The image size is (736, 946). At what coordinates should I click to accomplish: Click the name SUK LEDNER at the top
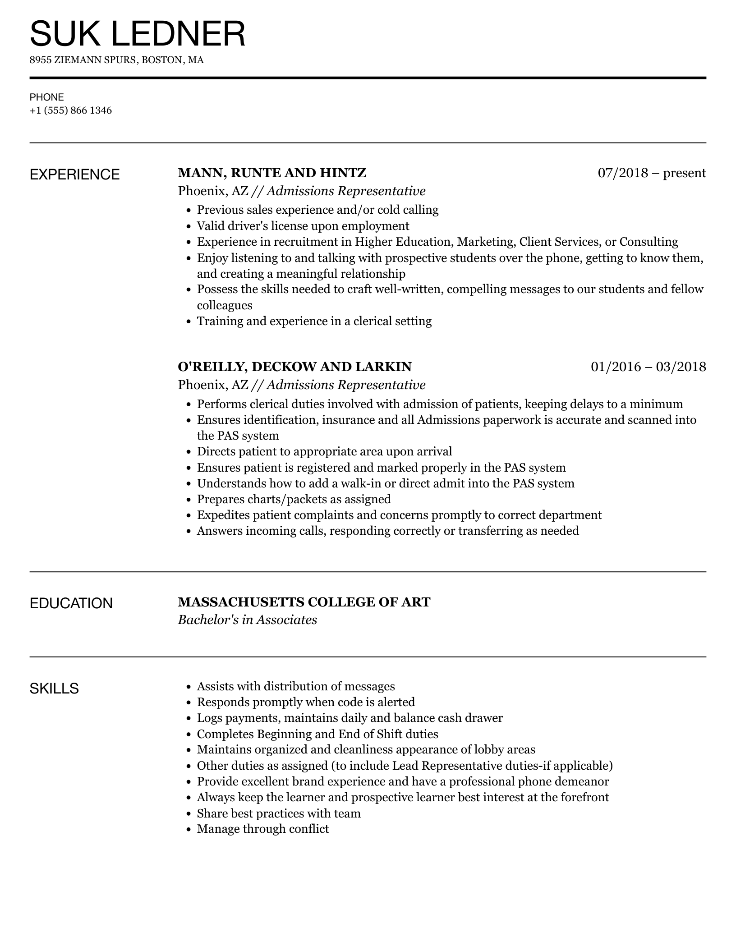(138, 34)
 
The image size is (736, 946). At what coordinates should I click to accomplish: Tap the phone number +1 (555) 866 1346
(71, 110)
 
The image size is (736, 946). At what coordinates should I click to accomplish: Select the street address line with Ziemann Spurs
(116, 60)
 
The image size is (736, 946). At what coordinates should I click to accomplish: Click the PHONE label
(47, 97)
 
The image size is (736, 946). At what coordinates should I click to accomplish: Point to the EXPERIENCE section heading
(75, 175)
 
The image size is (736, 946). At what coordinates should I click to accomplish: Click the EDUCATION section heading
(71, 603)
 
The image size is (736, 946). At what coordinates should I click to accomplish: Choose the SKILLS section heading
(54, 689)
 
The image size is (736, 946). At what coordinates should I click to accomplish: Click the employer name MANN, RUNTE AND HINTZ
(272, 173)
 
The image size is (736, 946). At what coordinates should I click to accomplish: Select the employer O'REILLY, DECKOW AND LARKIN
(294, 367)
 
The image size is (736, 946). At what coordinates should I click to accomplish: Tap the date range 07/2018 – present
(652, 173)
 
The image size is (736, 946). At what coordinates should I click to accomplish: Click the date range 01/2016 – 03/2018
(648, 367)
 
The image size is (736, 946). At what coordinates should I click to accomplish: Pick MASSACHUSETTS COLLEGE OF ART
(304, 602)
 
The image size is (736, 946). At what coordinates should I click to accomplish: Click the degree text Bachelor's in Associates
(247, 620)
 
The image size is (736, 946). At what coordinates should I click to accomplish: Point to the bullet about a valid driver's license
(303, 226)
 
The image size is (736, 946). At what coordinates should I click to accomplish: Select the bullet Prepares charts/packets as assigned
(294, 499)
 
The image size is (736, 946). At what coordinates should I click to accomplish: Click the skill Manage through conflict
(263, 829)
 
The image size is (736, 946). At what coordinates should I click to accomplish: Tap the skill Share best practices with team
(279, 813)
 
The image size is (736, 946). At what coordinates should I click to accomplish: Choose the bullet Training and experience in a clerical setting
(314, 321)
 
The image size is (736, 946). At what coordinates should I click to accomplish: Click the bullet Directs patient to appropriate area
(324, 451)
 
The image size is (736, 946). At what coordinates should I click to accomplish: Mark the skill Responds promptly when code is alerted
(306, 702)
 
